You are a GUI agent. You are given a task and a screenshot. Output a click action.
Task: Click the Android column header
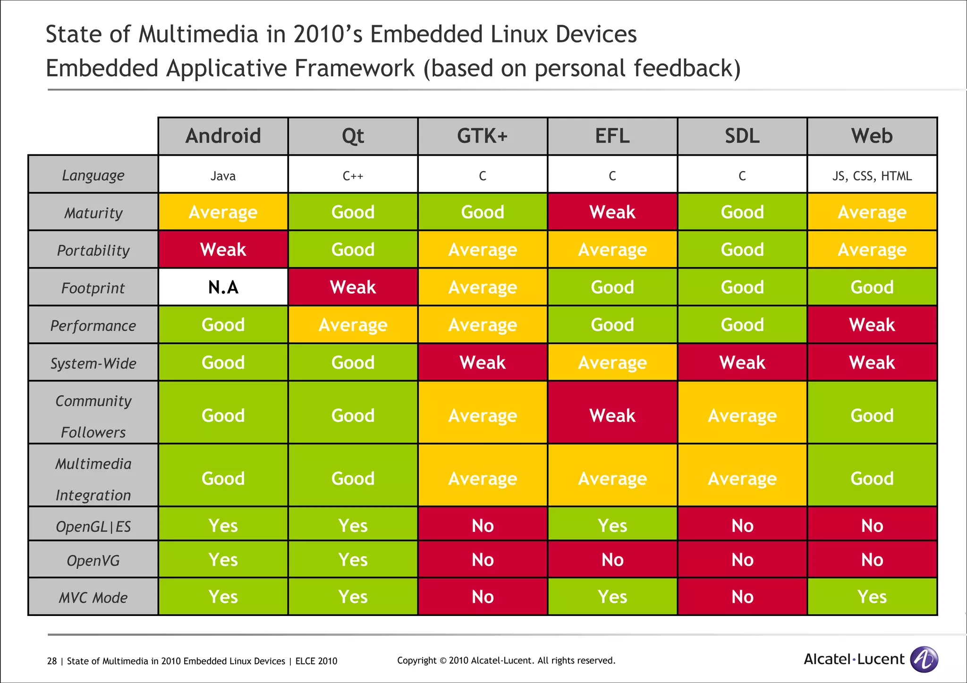pyautogui.click(x=223, y=136)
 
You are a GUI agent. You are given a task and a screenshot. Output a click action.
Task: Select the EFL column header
pyautogui.click(x=612, y=136)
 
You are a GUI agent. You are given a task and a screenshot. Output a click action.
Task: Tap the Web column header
pyautogui.click(x=872, y=136)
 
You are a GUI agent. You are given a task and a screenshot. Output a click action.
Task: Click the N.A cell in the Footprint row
pyautogui.click(x=223, y=287)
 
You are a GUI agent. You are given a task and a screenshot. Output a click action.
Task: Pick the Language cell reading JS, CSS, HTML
pyautogui.click(x=872, y=176)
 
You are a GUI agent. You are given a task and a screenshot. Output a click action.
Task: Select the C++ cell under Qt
pyautogui.click(x=353, y=176)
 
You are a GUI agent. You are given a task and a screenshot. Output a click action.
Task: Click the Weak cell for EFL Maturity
pyautogui.click(x=612, y=212)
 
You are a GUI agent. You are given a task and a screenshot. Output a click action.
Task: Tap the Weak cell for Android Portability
pyautogui.click(x=223, y=249)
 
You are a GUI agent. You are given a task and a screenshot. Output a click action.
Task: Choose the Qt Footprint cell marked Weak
pyautogui.click(x=353, y=287)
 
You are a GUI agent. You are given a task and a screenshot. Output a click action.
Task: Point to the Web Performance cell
pyautogui.click(x=872, y=325)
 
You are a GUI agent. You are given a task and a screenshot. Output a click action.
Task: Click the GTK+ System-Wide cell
pyautogui.click(x=483, y=363)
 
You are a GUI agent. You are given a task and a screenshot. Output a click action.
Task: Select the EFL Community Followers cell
pyautogui.click(x=612, y=415)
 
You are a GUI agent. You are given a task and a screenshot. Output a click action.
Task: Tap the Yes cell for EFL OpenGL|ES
pyautogui.click(x=612, y=525)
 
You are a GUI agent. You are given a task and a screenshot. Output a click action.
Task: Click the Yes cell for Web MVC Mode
pyautogui.click(x=872, y=597)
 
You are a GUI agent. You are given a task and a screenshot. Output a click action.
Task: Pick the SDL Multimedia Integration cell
pyautogui.click(x=742, y=479)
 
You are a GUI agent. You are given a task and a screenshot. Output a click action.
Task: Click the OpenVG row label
pyautogui.click(x=93, y=560)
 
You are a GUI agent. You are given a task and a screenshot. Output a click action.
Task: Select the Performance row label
pyautogui.click(x=93, y=326)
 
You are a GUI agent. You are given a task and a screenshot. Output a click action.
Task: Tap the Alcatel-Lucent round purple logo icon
pyautogui.click(x=924, y=659)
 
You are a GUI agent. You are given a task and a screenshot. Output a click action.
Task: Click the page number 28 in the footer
pyautogui.click(x=51, y=661)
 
